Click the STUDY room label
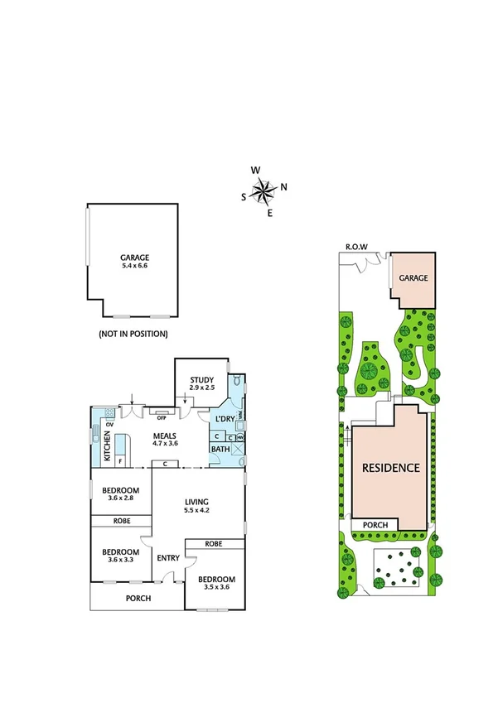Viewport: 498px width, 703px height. (x=202, y=379)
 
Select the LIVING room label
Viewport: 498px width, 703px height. (x=196, y=501)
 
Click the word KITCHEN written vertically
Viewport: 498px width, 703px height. (x=107, y=448)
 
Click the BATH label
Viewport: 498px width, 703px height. (x=220, y=449)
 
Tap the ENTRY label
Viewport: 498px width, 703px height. (x=168, y=558)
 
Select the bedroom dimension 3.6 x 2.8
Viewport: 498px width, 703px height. (x=121, y=498)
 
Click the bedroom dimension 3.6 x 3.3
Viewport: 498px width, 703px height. (x=121, y=561)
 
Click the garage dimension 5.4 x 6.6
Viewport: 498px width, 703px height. (x=133, y=266)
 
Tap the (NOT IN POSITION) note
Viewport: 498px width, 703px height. (x=133, y=334)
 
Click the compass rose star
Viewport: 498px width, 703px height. (x=264, y=193)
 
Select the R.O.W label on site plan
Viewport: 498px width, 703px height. (x=356, y=247)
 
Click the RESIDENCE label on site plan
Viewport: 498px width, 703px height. (x=390, y=467)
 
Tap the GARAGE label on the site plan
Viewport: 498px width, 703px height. (x=414, y=278)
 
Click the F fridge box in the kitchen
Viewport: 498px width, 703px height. (x=120, y=460)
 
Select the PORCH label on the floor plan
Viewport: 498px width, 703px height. (x=138, y=597)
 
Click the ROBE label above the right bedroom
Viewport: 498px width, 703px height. (x=215, y=545)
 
